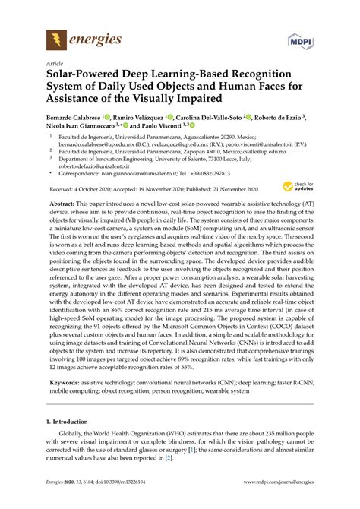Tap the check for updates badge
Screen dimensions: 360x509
point(303,187)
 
